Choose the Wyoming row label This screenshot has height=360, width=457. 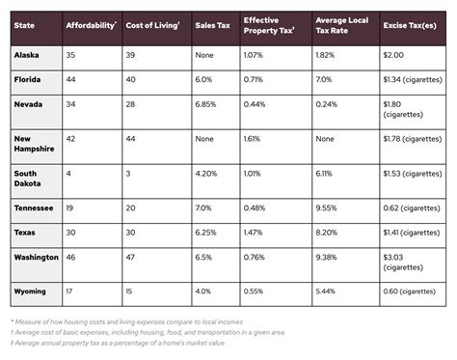pyautogui.click(x=31, y=290)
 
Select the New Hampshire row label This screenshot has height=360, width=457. pyautogui.click(x=33, y=143)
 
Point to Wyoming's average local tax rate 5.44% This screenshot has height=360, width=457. pyautogui.click(x=329, y=290)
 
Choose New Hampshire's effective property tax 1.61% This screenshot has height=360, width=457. pyautogui.click(x=253, y=138)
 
